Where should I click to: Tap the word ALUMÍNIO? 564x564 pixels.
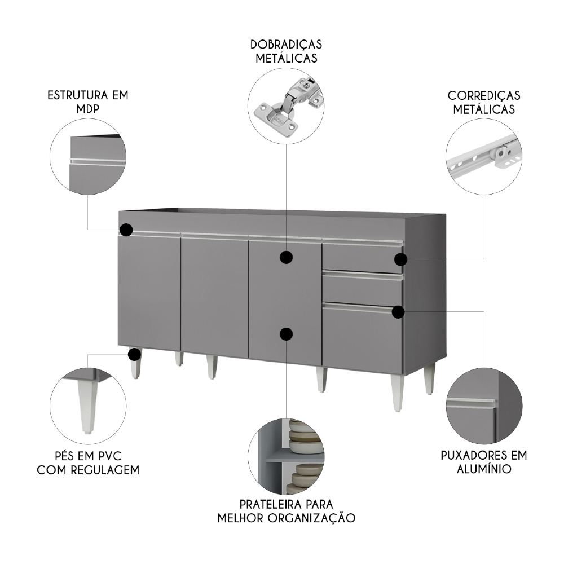tap(484, 469)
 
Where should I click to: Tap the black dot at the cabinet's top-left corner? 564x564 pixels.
tap(126, 230)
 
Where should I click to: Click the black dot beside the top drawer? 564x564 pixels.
tap(400, 259)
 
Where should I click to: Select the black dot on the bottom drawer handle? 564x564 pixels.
tap(399, 312)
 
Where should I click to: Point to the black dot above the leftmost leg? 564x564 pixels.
tap(134, 354)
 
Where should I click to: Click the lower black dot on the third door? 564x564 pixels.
tap(287, 334)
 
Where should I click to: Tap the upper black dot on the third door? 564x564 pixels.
tap(287, 258)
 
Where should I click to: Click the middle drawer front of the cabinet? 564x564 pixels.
tap(362, 288)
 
